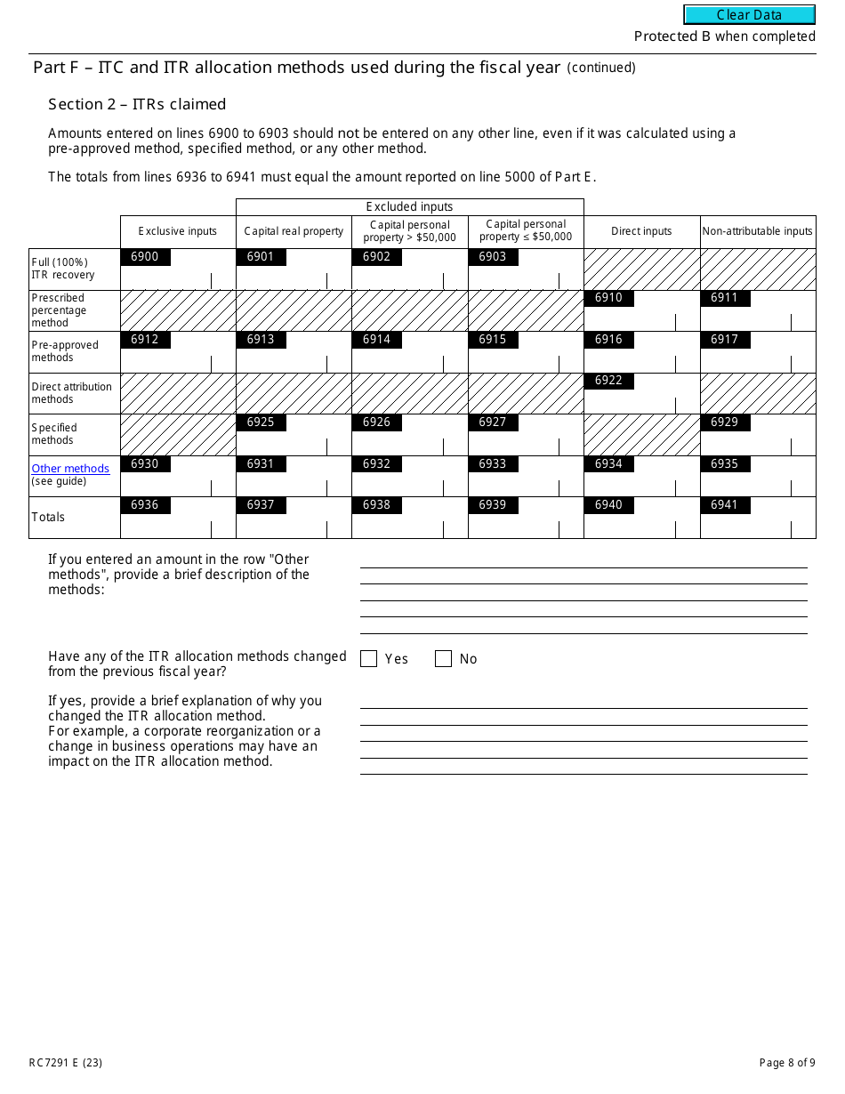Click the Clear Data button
point(749,15)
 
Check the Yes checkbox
point(368,659)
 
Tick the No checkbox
point(443,659)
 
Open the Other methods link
point(70,469)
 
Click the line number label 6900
point(145,257)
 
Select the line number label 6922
point(608,381)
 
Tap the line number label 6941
point(725,505)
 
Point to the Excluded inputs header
point(409,206)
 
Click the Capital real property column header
point(294,231)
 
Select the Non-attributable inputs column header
point(757,231)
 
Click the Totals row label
point(48,517)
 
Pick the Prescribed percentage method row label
point(59,310)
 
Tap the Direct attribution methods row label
point(71,393)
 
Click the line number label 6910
point(608,298)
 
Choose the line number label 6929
point(725,422)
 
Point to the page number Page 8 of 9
point(787,1063)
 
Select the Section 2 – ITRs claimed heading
point(137,104)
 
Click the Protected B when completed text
point(724,36)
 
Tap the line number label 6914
point(376,340)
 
